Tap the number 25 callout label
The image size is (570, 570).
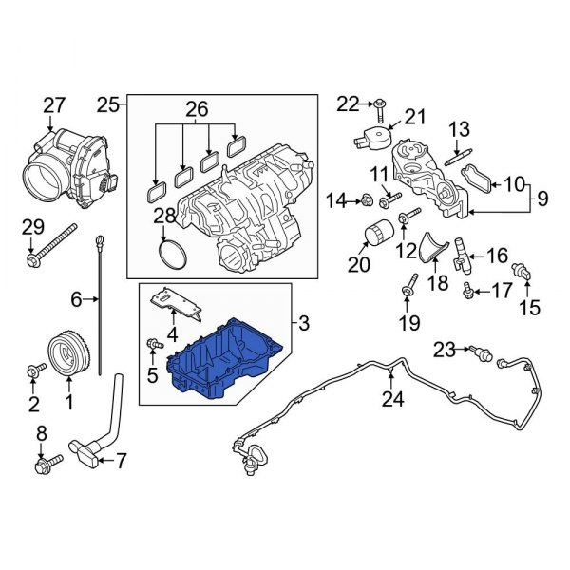pos(107,104)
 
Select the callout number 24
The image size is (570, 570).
pos(391,400)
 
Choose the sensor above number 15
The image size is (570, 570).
pos(520,271)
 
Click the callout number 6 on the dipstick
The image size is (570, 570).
pos(78,300)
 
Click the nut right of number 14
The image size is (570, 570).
pos(364,200)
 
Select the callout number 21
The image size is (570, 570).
pos(409,116)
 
